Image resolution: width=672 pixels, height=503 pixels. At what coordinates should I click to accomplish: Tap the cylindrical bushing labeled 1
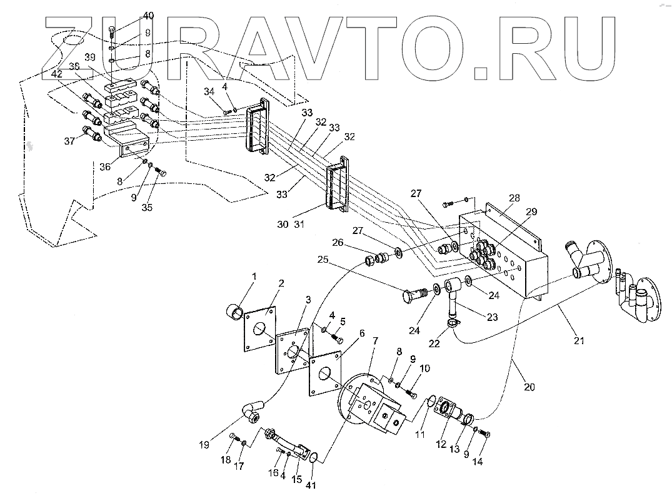[234, 310]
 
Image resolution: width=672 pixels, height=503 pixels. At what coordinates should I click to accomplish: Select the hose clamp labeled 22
[453, 323]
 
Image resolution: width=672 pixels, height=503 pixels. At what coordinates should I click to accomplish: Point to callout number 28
[514, 197]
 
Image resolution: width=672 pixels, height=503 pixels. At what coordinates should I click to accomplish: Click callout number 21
[579, 340]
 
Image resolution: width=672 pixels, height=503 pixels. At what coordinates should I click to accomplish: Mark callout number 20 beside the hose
[529, 387]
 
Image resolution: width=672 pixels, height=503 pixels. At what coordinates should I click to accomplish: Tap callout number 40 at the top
[130, 14]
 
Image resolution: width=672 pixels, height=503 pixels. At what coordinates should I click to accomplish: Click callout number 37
[69, 141]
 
